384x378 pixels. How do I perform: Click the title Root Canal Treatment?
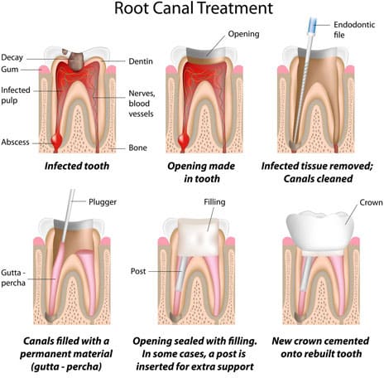194,8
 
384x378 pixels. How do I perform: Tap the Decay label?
12,57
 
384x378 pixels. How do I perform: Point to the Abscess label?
15,142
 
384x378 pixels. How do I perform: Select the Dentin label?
141,61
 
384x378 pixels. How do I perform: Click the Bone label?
137,148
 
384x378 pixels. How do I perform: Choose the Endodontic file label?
354,30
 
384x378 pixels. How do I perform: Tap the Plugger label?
103,202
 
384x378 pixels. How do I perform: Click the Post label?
138,271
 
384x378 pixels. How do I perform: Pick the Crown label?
371,202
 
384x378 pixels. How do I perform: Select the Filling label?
214,202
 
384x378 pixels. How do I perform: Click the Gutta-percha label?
13,278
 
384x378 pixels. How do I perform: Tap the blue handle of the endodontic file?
313,25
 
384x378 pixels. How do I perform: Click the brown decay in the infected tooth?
76,61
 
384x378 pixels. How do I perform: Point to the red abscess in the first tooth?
56,139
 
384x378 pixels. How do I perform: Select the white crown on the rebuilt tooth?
320,231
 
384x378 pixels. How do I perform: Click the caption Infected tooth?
77,166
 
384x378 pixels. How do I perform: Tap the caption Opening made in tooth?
201,172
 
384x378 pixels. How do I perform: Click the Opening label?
243,34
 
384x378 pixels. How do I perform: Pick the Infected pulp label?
16,95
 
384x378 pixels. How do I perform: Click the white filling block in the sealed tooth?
199,236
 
